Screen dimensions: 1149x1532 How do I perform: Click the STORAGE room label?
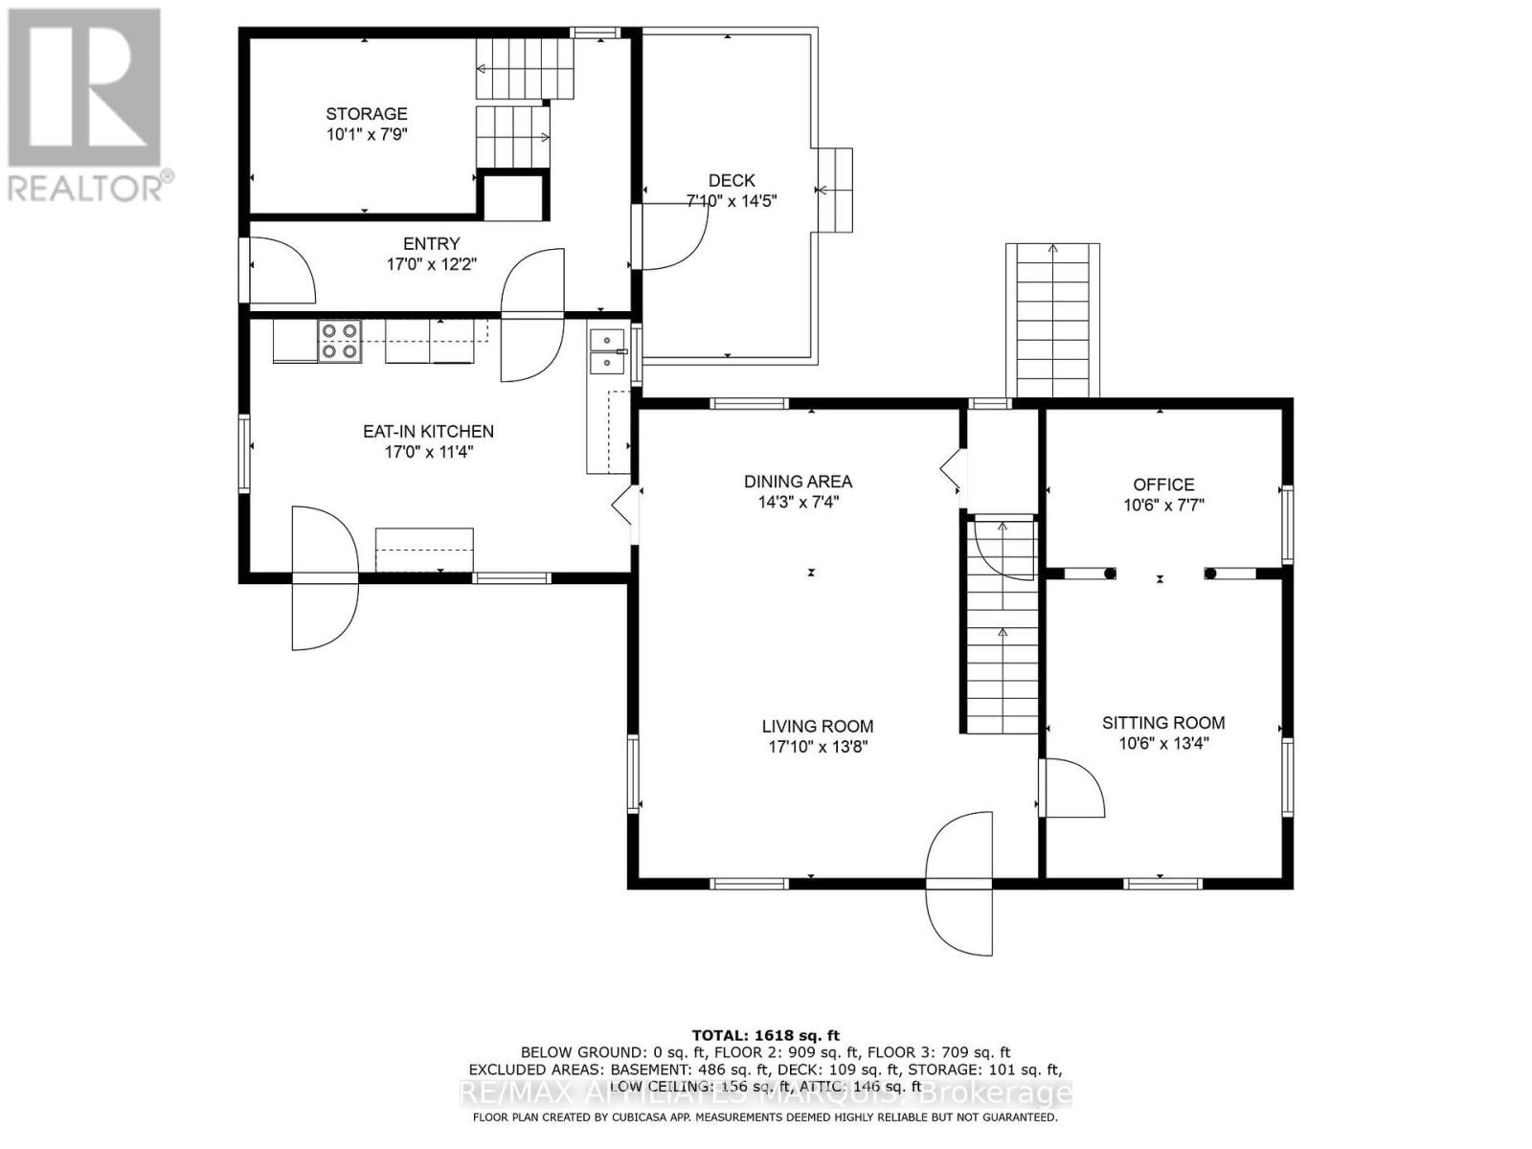tap(366, 114)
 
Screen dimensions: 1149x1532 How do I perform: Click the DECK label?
tap(732, 180)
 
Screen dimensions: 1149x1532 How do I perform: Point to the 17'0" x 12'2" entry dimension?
tap(431, 264)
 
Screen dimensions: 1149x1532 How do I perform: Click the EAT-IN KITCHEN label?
tap(428, 432)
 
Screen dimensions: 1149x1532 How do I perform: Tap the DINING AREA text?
tap(798, 482)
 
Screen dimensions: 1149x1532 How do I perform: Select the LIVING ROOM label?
tap(817, 727)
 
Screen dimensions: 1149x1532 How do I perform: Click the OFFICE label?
tap(1163, 484)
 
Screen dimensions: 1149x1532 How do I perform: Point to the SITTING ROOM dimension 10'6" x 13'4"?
tap(1163, 743)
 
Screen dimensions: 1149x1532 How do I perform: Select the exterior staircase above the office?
tap(1052, 321)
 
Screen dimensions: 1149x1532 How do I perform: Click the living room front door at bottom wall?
tap(959, 881)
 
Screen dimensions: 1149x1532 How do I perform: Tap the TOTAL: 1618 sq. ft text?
tap(765, 1035)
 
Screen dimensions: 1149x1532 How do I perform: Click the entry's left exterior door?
tap(280, 270)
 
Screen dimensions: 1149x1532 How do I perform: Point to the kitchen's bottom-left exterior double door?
tap(324, 578)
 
